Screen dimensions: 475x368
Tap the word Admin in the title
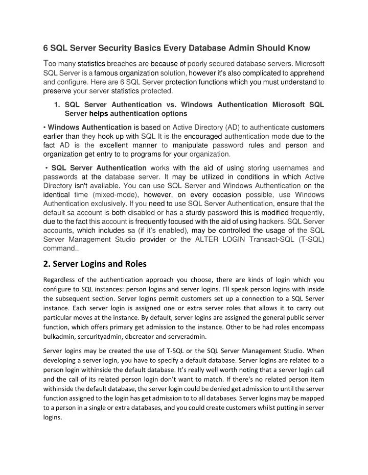pyautogui.click(x=255, y=48)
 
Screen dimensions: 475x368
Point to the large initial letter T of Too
pyautogui.click(x=45, y=63)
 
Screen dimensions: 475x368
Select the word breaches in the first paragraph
pyautogui.click(x=122, y=64)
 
